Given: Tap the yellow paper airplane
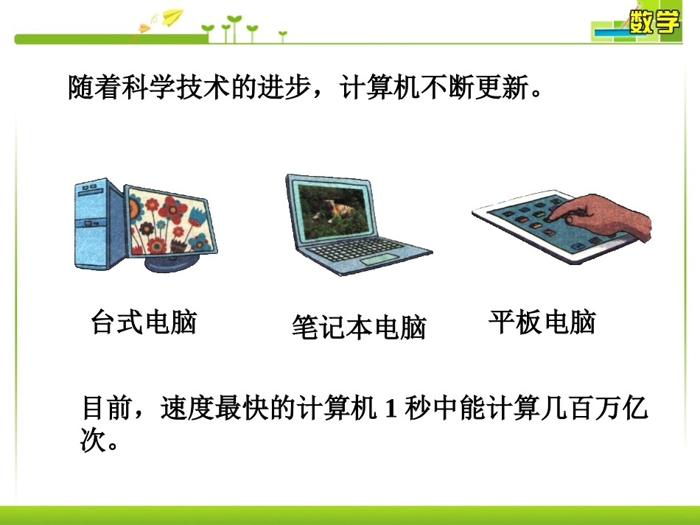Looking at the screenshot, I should [x=173, y=17].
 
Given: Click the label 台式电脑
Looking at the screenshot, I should [x=144, y=322].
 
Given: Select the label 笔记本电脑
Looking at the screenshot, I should [x=359, y=328].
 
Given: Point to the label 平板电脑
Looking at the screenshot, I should [x=542, y=322].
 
